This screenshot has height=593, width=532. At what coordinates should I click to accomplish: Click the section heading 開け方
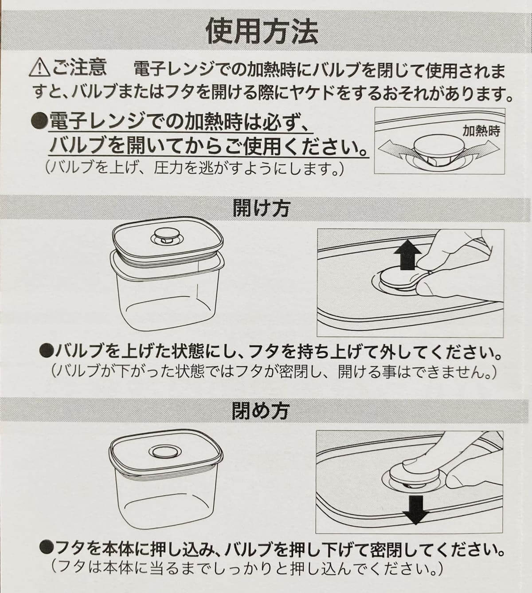(x=261, y=208)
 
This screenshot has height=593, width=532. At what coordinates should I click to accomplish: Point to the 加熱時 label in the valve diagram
(x=481, y=131)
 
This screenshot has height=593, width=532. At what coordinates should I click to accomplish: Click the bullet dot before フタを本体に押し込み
(x=46, y=550)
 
